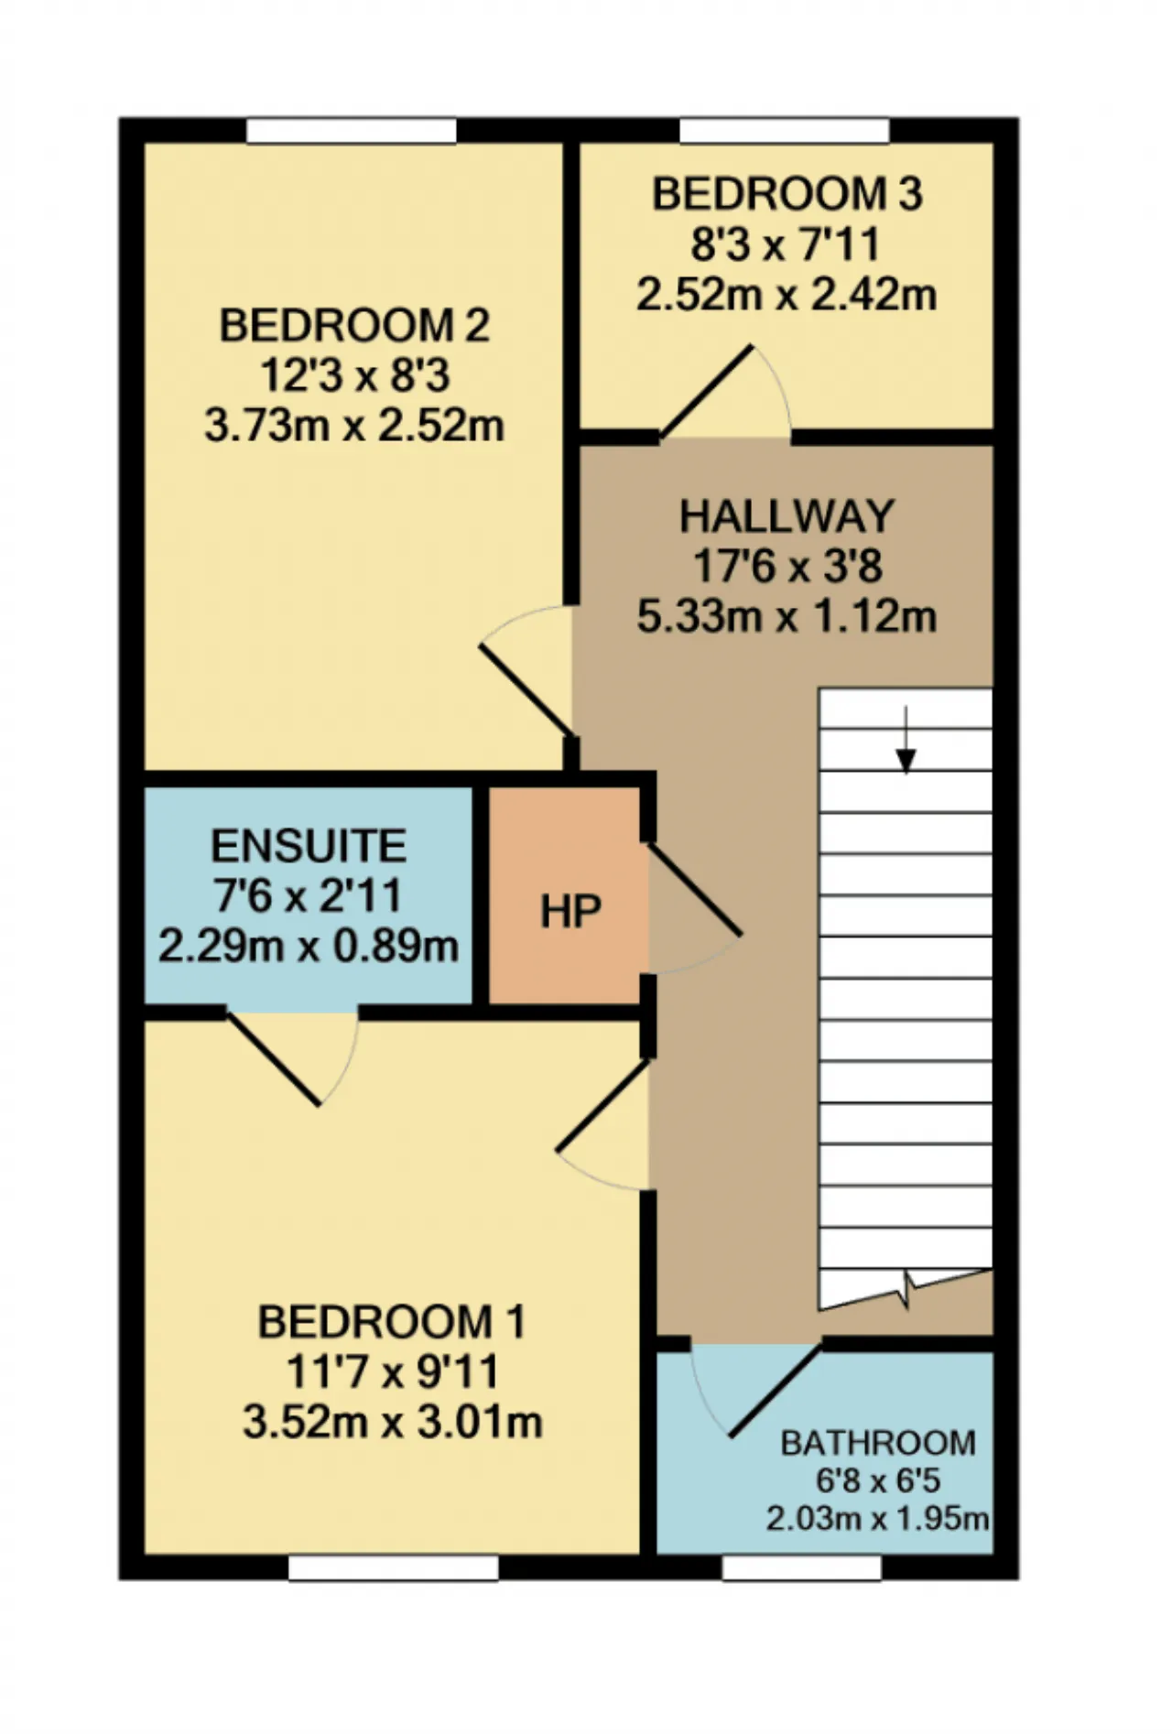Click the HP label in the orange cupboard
[x=570, y=912]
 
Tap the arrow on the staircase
[x=906, y=740]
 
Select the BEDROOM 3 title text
[x=787, y=194]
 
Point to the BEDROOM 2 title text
[x=354, y=326]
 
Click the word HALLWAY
[x=787, y=516]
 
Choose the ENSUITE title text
[x=309, y=846]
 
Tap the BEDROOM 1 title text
[x=392, y=1322]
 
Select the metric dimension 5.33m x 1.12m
[x=787, y=616]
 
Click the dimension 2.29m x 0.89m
[x=309, y=946]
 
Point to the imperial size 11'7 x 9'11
[x=392, y=1371]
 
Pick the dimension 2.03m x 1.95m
[x=878, y=1519]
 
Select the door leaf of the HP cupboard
[x=693, y=890]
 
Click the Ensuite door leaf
[x=274, y=1057]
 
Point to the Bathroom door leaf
[x=775, y=1389]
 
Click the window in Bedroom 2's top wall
[x=352, y=131]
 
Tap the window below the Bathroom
[x=802, y=1568]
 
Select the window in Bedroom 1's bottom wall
[x=394, y=1568]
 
